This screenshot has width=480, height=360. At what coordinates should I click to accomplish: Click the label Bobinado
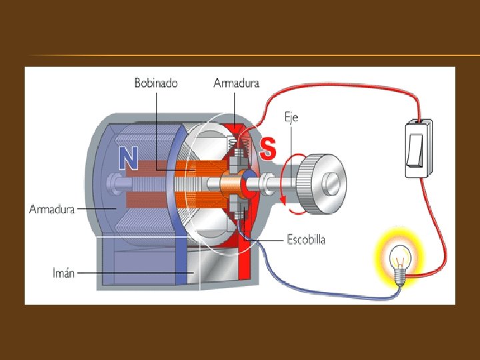[x=156, y=83]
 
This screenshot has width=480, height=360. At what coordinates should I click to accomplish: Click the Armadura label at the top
[x=236, y=83]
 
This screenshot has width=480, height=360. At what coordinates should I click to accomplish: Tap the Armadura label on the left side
[x=51, y=209]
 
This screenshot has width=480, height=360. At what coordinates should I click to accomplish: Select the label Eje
[x=291, y=117]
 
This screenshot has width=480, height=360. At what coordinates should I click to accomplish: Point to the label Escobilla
[x=306, y=239]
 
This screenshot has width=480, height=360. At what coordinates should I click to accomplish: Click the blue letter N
[x=128, y=157]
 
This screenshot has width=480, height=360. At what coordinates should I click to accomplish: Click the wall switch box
[x=418, y=149]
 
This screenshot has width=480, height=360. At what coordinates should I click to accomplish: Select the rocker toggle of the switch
[x=416, y=150]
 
